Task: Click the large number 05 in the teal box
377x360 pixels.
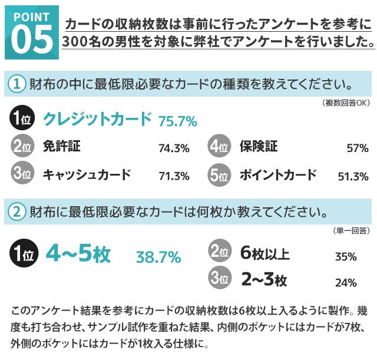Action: (x=31, y=38)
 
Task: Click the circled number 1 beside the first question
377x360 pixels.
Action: (x=17, y=85)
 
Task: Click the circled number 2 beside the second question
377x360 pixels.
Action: (x=17, y=211)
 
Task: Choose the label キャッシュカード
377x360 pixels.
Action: (x=87, y=175)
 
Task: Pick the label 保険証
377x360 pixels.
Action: (x=259, y=147)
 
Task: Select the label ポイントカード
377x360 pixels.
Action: (x=278, y=175)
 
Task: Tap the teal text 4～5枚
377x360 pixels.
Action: (x=77, y=255)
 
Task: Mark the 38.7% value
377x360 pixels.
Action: (x=158, y=257)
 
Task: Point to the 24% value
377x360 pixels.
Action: (x=346, y=283)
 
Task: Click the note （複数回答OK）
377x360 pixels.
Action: (x=346, y=103)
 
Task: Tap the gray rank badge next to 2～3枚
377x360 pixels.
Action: (x=219, y=279)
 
